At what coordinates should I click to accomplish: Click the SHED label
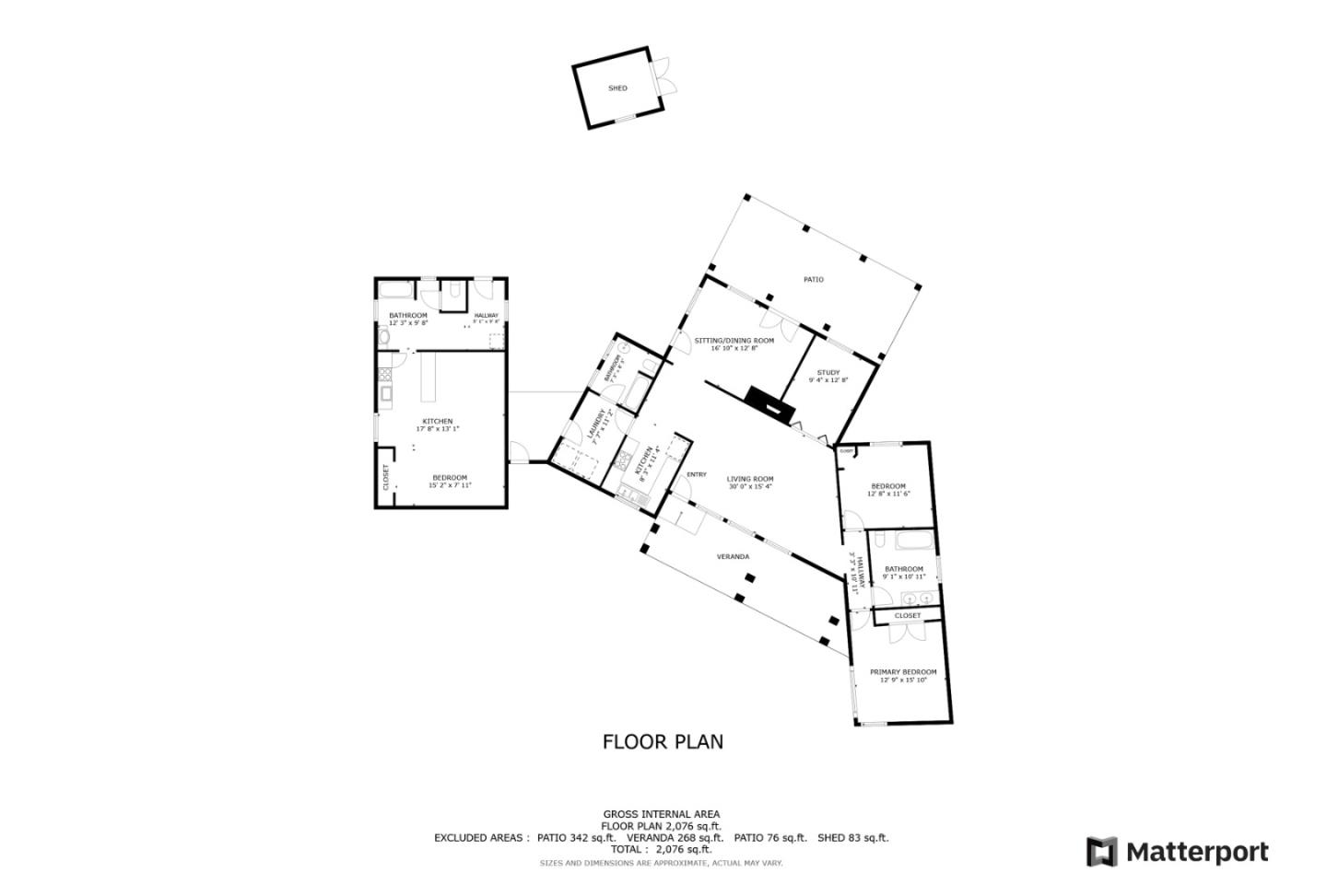tap(617, 88)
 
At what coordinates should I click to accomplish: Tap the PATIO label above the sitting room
tap(813, 279)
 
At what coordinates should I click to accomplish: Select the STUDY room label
tap(828, 373)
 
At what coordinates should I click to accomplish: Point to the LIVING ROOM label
tap(750, 479)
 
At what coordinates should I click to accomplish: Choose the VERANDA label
tap(733, 556)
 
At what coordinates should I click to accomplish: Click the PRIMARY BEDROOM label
tap(903, 672)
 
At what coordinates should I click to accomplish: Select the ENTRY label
tap(697, 474)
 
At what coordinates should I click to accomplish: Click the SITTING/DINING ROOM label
tap(734, 340)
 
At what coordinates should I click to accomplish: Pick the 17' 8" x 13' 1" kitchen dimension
tap(437, 428)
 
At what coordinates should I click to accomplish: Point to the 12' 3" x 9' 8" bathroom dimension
tap(407, 322)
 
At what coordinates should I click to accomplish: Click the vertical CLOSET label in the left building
tap(386, 476)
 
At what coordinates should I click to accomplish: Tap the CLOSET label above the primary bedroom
tap(907, 615)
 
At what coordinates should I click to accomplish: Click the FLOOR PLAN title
tap(663, 741)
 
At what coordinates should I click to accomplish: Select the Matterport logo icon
tap(1101, 852)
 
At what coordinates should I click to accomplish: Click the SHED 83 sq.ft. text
tap(852, 838)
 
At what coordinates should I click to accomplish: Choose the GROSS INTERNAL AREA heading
tap(661, 814)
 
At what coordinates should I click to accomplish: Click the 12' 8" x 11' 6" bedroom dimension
tap(888, 494)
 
